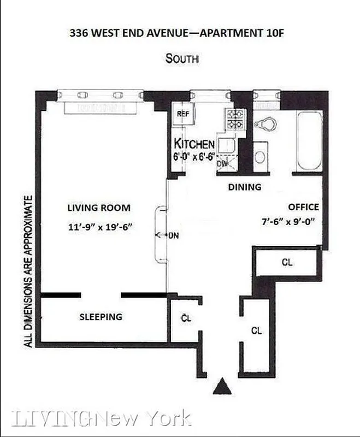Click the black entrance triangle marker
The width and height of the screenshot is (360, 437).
pyautogui.click(x=222, y=386)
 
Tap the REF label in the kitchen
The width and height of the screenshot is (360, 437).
pyautogui.click(x=181, y=114)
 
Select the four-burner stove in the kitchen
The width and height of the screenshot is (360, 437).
pyautogui.click(x=235, y=119)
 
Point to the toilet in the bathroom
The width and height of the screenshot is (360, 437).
pyautogui.click(x=267, y=124)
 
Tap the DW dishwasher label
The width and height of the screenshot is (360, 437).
pyautogui.click(x=222, y=163)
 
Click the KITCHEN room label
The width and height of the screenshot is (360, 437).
pyautogui.click(x=194, y=144)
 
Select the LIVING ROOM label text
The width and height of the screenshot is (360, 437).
pyautogui.click(x=99, y=208)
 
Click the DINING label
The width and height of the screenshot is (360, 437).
pyautogui.click(x=244, y=187)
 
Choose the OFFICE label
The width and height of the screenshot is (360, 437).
pyautogui.click(x=303, y=207)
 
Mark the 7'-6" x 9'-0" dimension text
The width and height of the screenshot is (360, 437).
pyautogui.click(x=289, y=222)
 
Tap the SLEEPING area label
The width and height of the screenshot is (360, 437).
pyautogui.click(x=101, y=317)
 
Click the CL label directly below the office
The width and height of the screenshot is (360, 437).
pyautogui.click(x=287, y=262)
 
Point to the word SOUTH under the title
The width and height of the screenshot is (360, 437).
pyautogui.click(x=182, y=57)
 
